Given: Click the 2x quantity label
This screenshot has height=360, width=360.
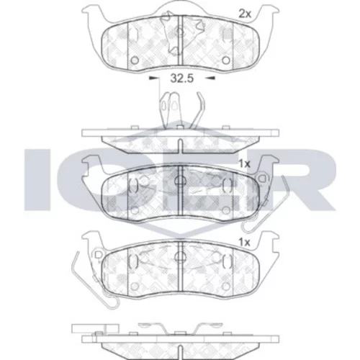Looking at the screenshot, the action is pyautogui.click(x=245, y=14).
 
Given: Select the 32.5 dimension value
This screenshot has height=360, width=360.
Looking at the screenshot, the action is pyautogui.click(x=181, y=78).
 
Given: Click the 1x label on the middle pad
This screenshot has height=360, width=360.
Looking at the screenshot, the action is pyautogui.click(x=245, y=164).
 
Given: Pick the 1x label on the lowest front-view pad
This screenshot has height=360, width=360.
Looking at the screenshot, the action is pyautogui.click(x=245, y=243).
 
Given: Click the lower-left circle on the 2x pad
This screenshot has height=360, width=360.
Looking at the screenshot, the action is pyautogui.click(x=135, y=60).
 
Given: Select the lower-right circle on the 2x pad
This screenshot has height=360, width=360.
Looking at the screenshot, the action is pyautogui.click(x=226, y=60).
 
